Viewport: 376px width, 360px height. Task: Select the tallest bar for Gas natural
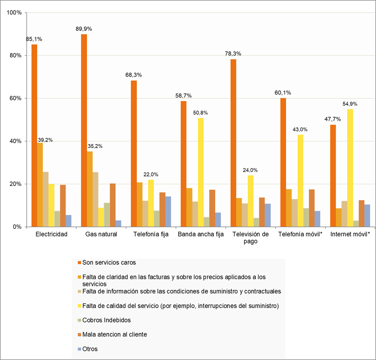84,130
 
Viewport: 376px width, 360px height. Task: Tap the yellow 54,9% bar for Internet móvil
350,167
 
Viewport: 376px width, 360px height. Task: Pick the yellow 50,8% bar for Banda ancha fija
201,172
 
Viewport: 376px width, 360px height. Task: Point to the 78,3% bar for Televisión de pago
233,143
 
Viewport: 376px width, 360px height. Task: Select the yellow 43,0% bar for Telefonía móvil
300,181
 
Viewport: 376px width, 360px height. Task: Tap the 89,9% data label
84,29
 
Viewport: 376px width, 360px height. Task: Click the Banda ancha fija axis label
200,235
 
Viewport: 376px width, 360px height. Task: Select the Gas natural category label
101,235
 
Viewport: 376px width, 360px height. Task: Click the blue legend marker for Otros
79,349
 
